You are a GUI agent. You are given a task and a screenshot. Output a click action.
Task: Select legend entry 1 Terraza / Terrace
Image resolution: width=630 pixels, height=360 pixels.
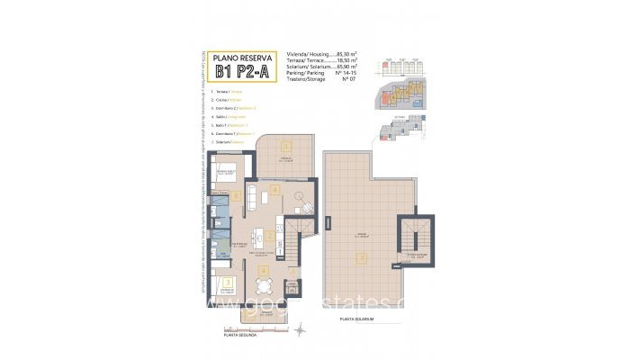tap(228, 92)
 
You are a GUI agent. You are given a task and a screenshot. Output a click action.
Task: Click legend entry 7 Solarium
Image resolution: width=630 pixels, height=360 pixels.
tap(229, 141)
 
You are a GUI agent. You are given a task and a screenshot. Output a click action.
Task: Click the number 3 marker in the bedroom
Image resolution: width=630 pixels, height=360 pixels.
tap(228, 283)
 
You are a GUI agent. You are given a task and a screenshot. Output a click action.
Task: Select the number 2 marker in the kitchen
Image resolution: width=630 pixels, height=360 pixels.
tap(269, 237)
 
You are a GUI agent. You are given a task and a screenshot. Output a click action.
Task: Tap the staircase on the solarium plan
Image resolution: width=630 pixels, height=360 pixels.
tap(414, 236)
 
